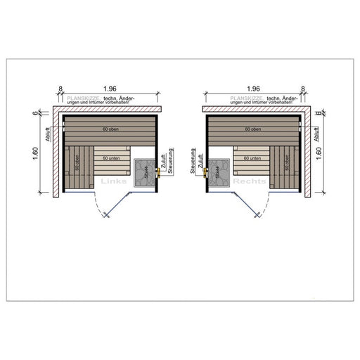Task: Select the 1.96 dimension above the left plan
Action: click(109, 89)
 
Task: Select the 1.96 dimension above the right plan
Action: click(251, 89)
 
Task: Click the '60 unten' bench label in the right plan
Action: click(251, 160)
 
